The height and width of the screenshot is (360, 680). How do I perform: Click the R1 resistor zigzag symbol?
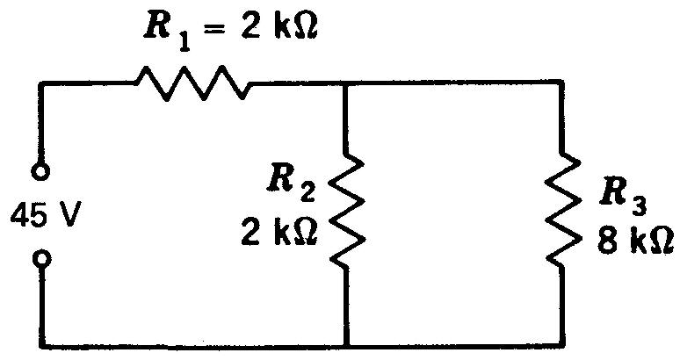point(192,83)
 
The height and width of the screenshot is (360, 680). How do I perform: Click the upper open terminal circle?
point(40,169)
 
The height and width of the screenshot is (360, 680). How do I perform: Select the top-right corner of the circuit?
point(562,84)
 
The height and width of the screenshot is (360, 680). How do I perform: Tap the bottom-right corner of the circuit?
point(562,343)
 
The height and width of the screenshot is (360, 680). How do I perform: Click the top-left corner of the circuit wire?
point(40,84)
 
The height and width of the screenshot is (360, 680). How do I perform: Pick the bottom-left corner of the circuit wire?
point(40,343)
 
